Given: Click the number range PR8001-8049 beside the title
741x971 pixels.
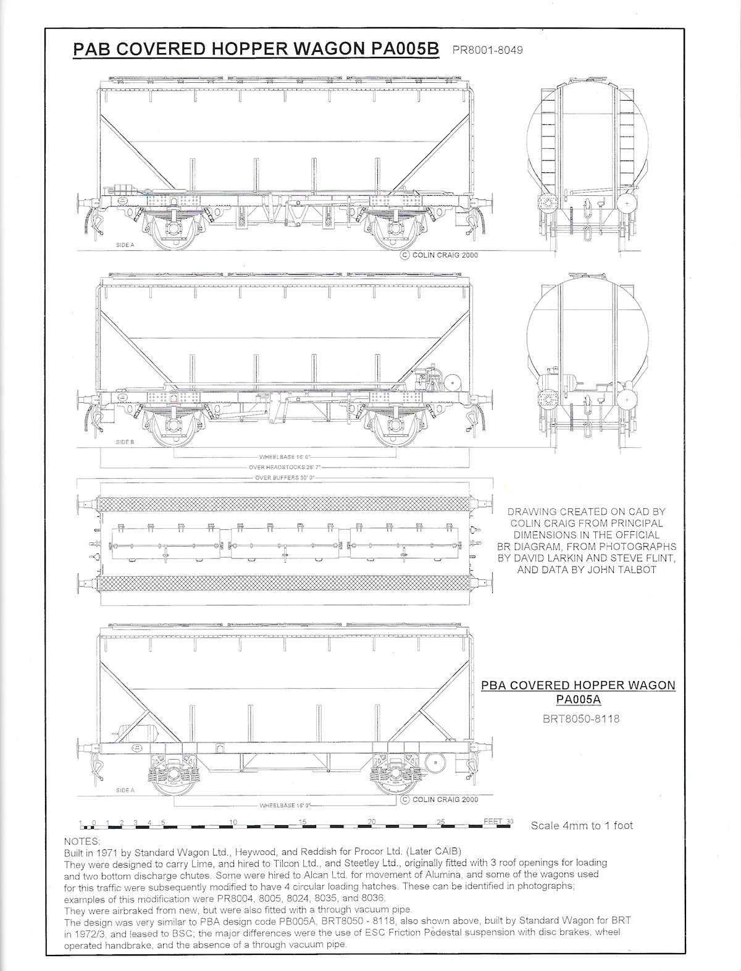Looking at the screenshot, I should click(487, 50).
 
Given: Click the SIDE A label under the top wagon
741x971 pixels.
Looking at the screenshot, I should click(125, 245).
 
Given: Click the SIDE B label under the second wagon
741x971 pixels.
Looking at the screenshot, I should click(125, 442).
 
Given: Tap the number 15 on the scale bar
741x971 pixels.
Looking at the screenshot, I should click(303, 822).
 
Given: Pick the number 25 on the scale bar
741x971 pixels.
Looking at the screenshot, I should click(441, 822).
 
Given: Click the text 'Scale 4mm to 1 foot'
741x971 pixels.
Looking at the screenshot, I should click(582, 825).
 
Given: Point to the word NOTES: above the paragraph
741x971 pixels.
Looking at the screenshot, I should click(82, 841).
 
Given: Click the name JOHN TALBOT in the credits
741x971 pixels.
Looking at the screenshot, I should click(628, 570).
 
